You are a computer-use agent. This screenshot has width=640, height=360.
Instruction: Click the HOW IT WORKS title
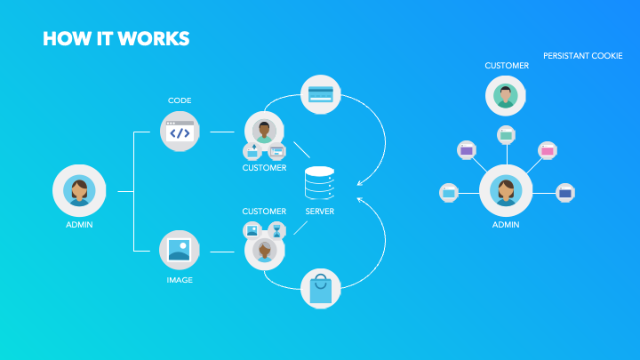[116, 39]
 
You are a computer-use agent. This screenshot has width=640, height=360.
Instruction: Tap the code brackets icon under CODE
[180, 132]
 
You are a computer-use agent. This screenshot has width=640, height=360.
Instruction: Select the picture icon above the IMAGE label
[180, 250]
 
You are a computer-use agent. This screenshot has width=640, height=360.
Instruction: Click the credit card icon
[320, 94]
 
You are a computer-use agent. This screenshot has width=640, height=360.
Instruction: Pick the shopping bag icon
[320, 289]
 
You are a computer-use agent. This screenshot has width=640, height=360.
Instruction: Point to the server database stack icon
[320, 183]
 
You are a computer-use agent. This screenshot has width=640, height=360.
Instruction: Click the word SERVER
[320, 212]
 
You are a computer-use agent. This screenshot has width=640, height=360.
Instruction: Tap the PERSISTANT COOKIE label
[583, 56]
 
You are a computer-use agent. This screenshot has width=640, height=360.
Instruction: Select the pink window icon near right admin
[548, 150]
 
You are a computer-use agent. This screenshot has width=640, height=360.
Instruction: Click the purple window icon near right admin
[467, 150]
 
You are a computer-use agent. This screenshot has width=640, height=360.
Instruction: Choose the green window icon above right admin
[506, 135]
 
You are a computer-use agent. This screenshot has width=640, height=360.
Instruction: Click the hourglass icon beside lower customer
[276, 230]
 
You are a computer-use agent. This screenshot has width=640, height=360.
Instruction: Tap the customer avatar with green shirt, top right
[505, 96]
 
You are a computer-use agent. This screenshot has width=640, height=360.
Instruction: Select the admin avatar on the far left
[79, 190]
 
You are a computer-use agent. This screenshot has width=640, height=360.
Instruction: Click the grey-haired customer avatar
[265, 251]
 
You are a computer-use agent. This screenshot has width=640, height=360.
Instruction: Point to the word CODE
[180, 100]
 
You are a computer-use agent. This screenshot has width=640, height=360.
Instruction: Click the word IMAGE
[180, 280]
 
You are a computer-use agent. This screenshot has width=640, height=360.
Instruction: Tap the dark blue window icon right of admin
[565, 193]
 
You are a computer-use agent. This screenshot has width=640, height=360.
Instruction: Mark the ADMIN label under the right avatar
[506, 225]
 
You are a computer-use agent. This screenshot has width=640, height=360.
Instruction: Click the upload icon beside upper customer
[252, 151]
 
